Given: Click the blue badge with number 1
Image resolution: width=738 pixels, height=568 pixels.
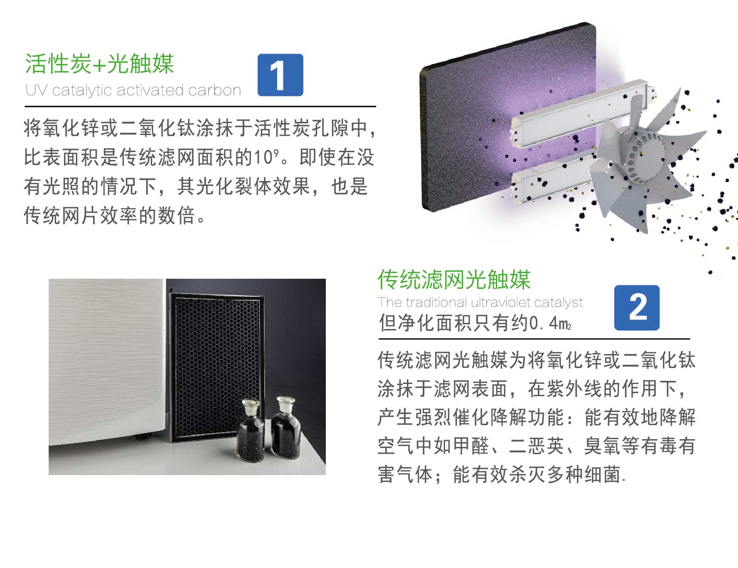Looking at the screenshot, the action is (x=280, y=75).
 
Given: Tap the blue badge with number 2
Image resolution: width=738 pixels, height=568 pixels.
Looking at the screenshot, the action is (x=637, y=308).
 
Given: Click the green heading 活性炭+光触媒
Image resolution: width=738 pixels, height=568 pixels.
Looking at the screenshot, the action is (x=100, y=64).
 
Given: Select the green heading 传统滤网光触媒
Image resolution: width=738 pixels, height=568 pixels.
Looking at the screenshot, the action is (x=454, y=280).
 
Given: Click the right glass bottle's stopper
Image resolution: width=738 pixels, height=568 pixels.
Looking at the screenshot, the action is (x=285, y=401).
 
